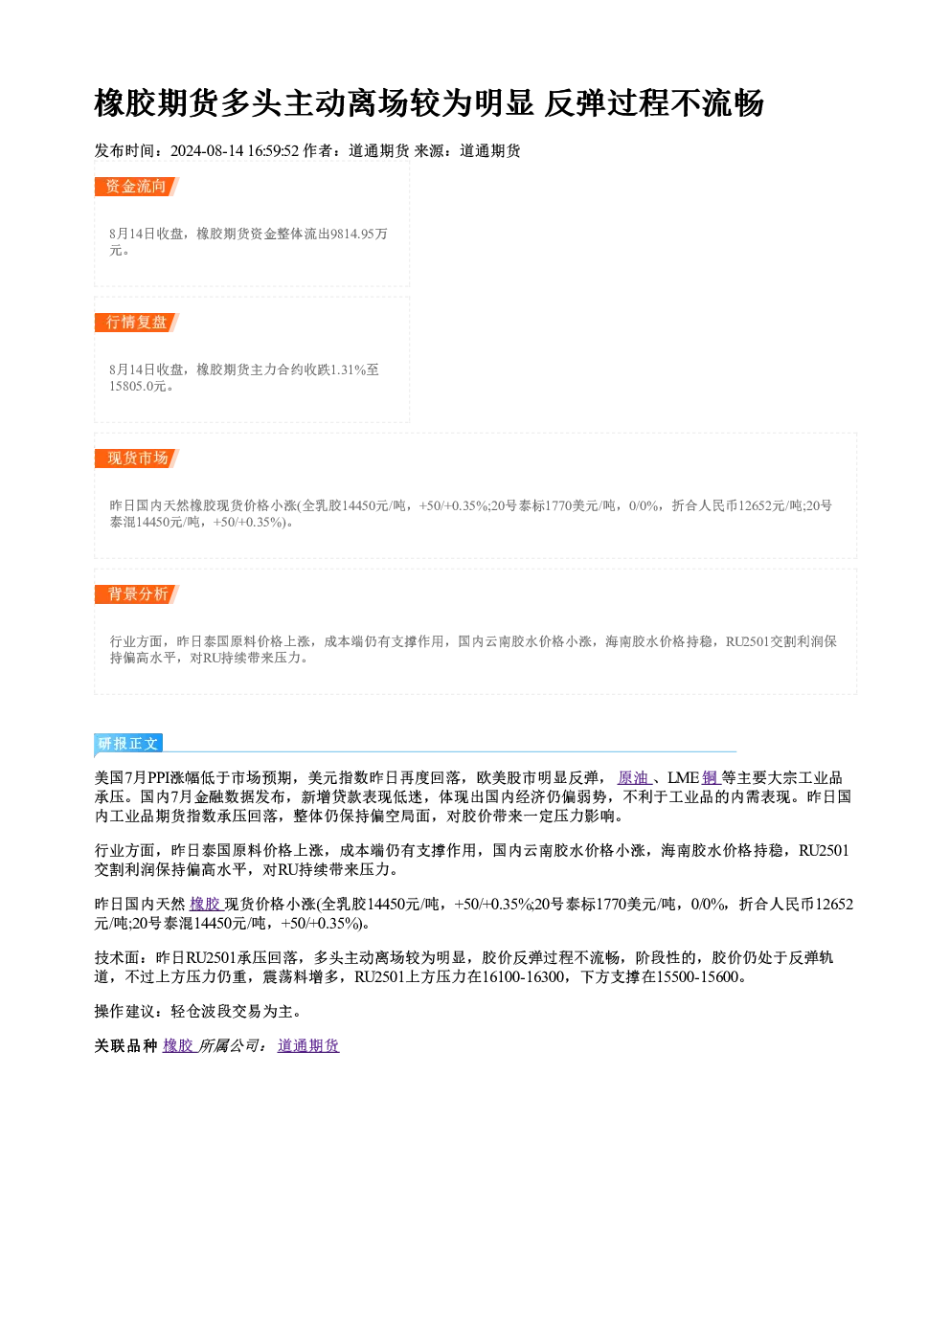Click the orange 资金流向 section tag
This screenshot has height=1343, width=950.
tap(136, 187)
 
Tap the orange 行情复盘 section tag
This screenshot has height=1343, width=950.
tap(136, 323)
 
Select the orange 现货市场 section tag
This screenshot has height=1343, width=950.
tap(136, 459)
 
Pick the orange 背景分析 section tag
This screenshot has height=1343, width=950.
tap(136, 594)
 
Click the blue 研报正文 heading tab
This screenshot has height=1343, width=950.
tap(128, 744)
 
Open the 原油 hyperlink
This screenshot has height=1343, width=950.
tap(633, 778)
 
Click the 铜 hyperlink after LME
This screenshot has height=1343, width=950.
tap(710, 778)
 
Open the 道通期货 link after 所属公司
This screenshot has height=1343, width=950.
tap(308, 1046)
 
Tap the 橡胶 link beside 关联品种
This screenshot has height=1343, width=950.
tap(178, 1046)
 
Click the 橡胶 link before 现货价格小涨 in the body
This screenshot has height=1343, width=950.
tap(205, 905)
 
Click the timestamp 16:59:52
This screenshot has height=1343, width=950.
tap(273, 151)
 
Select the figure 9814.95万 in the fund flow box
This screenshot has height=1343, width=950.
tap(359, 235)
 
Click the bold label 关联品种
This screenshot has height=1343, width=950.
tap(126, 1046)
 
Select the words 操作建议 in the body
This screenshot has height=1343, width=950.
tap(125, 1012)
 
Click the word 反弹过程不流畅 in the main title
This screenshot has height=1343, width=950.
tap(654, 103)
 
